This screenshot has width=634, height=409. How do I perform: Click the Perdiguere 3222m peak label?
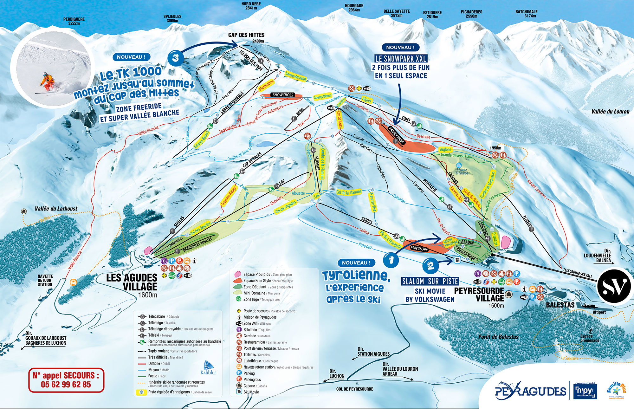coord(74,21)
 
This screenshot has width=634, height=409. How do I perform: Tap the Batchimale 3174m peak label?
coord(526,14)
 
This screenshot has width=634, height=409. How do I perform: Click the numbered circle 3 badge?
coord(176,58)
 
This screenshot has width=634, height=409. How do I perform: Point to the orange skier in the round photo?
coord(48,81)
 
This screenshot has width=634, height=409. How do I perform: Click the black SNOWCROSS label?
coord(283,95)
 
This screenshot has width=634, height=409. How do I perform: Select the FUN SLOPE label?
coord(419,249)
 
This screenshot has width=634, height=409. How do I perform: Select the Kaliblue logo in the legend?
coord(209,368)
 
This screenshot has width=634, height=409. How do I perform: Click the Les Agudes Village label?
coord(132,282)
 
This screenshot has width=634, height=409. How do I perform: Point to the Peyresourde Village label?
coord(479,295)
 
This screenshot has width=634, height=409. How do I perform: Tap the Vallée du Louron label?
coord(610,112)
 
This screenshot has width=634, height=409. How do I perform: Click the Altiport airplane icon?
coord(590,306)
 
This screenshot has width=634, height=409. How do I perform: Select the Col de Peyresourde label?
coord(354,389)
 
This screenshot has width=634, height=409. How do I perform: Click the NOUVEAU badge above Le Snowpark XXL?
coord(400,48)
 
